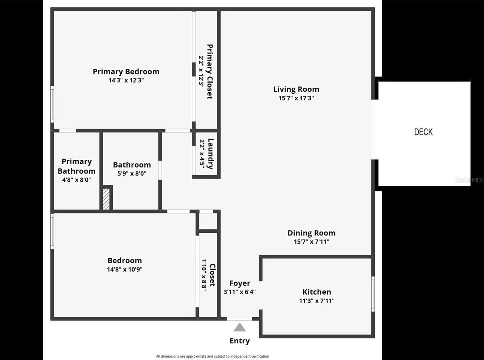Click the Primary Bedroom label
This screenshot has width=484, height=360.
[126, 71]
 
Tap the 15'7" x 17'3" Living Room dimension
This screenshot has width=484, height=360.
[296, 98]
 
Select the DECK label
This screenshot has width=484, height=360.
[423, 132]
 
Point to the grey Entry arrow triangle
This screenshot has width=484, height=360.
[239, 327]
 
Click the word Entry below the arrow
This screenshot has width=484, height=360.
[239, 341]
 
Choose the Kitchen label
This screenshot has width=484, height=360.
[316, 292]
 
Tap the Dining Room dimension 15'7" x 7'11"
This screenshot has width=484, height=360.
[311, 242]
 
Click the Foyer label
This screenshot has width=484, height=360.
[239, 283]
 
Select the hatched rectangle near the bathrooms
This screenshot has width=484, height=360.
[107, 198]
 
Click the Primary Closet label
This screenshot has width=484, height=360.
[209, 72]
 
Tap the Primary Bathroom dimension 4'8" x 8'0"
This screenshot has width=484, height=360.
[76, 180]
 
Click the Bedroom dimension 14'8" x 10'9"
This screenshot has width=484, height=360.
[124, 269]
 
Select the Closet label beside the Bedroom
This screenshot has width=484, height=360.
[212, 275]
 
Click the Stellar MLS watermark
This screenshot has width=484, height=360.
[469, 180]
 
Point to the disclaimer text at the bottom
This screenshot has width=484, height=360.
[213, 356]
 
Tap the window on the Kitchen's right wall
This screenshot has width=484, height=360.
[373, 294]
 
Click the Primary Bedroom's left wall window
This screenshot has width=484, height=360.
[52, 104]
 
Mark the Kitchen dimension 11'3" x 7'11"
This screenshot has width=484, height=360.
[316, 301]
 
